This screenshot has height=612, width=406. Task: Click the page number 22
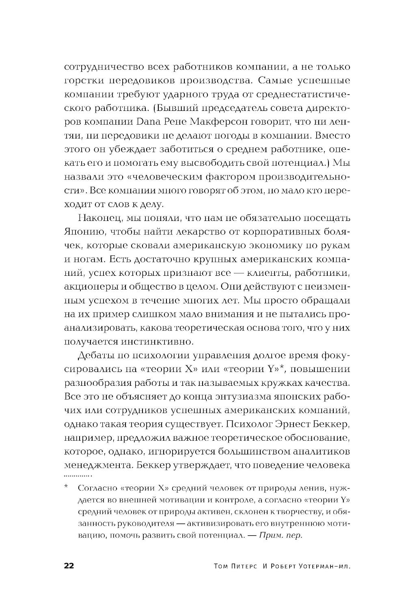69,566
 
